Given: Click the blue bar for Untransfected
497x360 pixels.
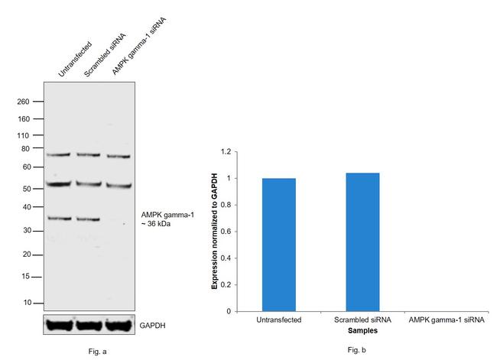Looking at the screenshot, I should coord(278,245).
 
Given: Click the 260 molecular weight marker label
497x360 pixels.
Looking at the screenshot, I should coord(23,101).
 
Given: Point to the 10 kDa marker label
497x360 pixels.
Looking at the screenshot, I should coord(26,303).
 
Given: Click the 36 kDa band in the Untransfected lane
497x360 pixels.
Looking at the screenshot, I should coord(60,218).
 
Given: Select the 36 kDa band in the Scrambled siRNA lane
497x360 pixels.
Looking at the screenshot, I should coord(88,219).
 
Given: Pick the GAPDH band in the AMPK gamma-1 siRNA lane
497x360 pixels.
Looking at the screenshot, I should coord(119,325).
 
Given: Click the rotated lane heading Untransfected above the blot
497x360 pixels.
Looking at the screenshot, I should coord(75,58).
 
